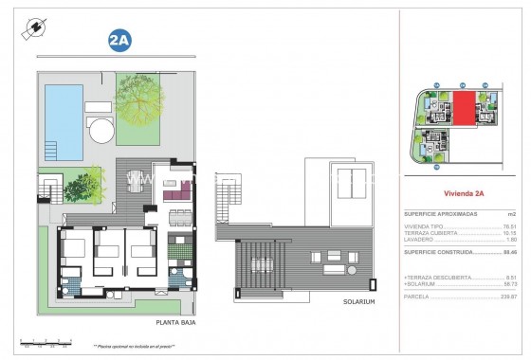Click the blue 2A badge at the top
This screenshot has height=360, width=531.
[x=120, y=41]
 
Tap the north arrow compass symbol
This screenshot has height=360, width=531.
[x=35, y=28]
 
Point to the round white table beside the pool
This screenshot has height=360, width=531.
[x=99, y=127]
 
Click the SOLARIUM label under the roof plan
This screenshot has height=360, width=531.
[x=359, y=301]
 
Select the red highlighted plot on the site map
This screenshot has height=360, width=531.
[x=464, y=109]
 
